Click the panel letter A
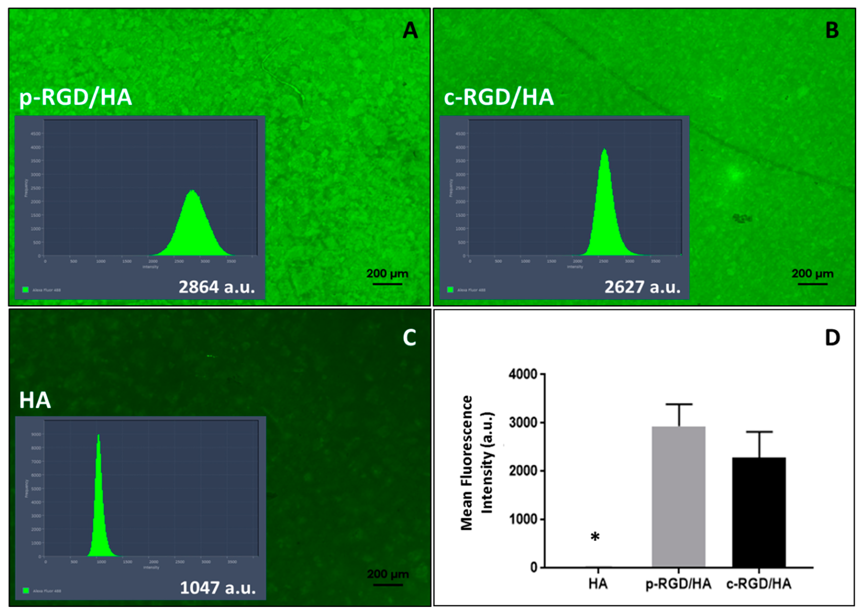pyautogui.click(x=410, y=30)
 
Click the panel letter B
pyautogui.click(x=832, y=30)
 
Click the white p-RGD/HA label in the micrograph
pyautogui.click(x=75, y=98)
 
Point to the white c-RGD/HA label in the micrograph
pyautogui.click(x=499, y=98)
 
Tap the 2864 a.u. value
pyautogui.click(x=217, y=287)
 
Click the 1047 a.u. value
pyautogui.click(x=218, y=588)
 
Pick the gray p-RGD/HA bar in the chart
pyautogui.click(x=678, y=497)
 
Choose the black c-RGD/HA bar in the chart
pyautogui.click(x=759, y=512)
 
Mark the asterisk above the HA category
pyautogui.click(x=595, y=537)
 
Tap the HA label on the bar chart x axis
pyautogui.click(x=598, y=583)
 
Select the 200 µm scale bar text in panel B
pyautogui.click(x=812, y=273)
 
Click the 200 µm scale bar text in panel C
pyautogui.click(x=388, y=574)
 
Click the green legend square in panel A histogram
pyautogui.click(x=25, y=290)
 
